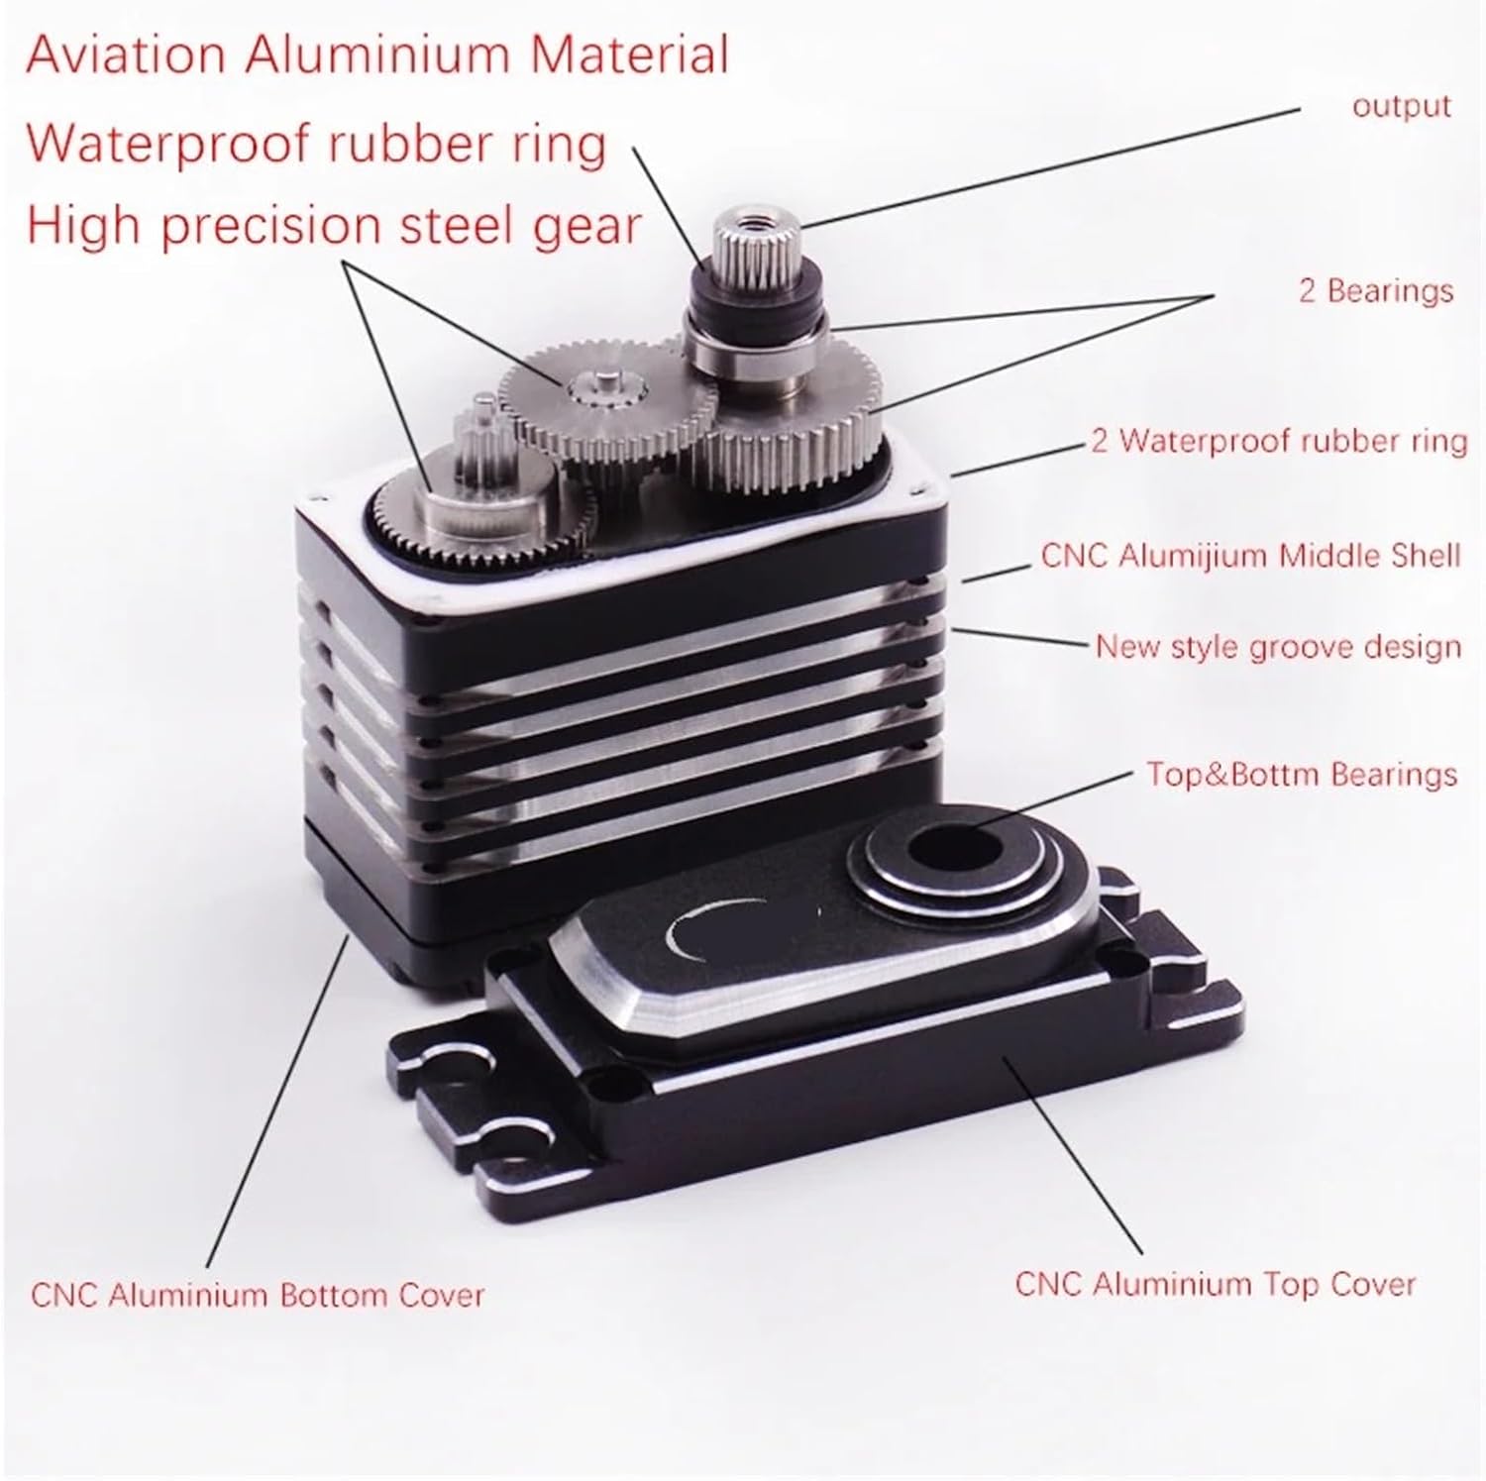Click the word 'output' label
1401,107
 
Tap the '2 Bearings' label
1375,290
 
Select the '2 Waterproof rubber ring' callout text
1278,440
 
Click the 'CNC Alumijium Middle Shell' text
1250,555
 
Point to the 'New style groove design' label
1278,647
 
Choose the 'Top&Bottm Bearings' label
1302,774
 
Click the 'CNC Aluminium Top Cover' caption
1215,1285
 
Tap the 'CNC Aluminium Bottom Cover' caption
258,1295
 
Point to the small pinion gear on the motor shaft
483,436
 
